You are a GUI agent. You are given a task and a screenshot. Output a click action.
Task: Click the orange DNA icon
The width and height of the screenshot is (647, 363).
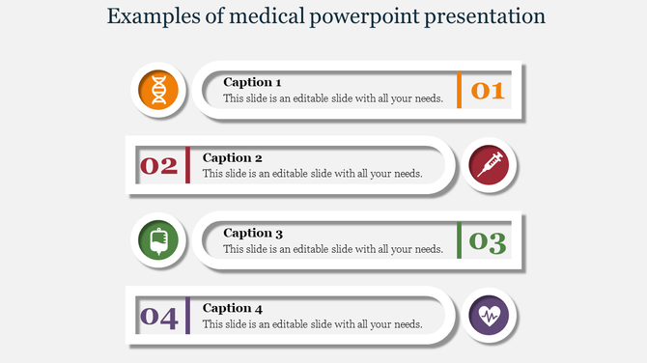(158, 90)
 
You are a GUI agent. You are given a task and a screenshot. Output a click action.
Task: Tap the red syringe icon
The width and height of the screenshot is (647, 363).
(489, 165)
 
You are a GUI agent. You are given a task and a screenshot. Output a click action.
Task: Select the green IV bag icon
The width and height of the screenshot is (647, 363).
(158, 240)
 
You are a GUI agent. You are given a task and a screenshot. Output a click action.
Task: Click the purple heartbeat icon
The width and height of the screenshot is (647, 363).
(489, 316)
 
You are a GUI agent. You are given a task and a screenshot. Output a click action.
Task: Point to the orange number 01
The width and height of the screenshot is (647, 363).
(488, 91)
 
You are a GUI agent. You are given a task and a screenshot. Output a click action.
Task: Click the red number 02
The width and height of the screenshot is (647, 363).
(159, 166)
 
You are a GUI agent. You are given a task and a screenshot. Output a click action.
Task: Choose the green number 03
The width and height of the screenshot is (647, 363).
(488, 241)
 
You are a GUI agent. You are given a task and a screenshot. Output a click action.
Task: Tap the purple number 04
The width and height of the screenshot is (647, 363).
(159, 317)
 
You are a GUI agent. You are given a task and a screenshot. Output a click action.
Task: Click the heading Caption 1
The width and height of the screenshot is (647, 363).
(252, 82)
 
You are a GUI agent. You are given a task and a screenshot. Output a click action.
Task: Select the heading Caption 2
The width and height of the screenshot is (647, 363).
(232, 157)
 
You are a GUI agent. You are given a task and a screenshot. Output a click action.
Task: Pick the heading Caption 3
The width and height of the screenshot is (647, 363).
(252, 233)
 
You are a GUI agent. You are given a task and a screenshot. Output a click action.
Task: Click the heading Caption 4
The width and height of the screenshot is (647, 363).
(232, 308)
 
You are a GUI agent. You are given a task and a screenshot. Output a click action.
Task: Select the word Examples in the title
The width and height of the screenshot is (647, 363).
(149, 16)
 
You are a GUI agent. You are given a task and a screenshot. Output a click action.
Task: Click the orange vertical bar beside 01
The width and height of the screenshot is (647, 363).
(460, 90)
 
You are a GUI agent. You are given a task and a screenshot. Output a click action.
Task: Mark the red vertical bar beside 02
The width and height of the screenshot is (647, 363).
(187, 165)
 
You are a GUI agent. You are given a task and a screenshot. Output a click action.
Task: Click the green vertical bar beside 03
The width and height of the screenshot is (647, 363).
(460, 240)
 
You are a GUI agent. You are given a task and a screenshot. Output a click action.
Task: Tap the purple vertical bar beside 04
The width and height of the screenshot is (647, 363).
(187, 316)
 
